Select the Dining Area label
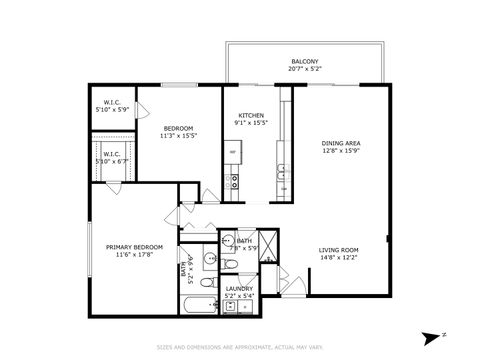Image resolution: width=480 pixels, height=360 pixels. coord(340,143)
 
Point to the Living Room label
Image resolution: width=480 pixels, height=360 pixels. coord(339,249)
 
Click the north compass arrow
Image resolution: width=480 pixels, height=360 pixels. coord(429,338)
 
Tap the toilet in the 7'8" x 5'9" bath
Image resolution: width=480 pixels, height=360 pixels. coord(230,263)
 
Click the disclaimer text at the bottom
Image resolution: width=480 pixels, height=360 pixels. coord(240,347)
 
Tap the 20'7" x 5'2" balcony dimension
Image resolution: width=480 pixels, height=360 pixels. coord(304,69)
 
